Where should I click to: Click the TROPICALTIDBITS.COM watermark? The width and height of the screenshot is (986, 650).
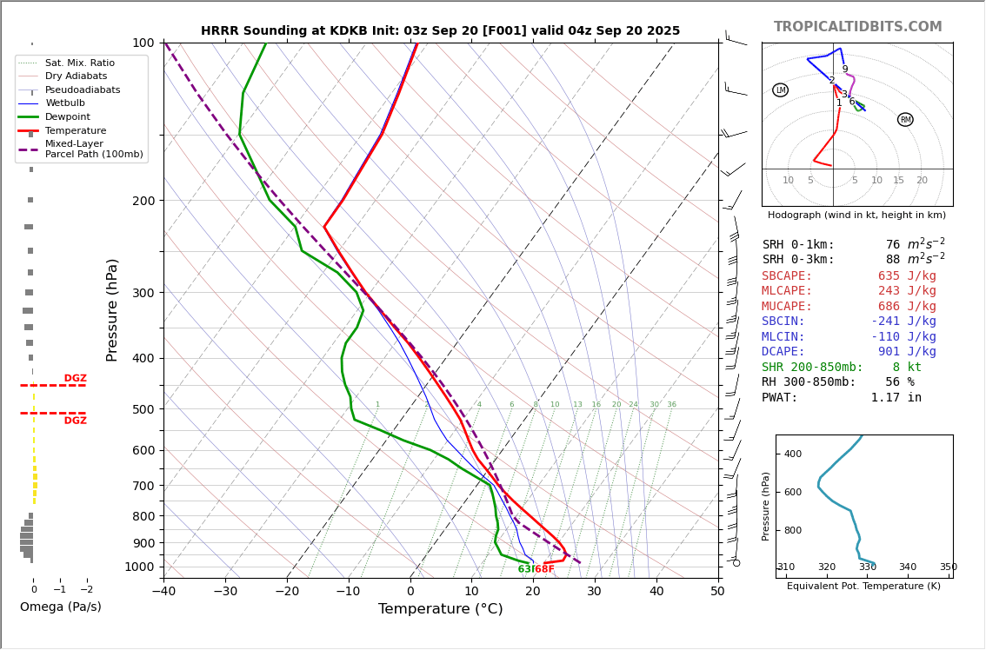pyautogui.click(x=857, y=27)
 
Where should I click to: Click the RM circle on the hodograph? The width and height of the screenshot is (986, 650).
pyautogui.click(x=905, y=120)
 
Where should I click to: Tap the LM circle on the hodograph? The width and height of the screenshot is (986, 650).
pyautogui.click(x=780, y=90)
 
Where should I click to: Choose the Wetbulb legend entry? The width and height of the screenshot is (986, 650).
pyautogui.click(x=66, y=103)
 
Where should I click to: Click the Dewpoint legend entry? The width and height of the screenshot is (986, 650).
pyautogui.click(x=68, y=117)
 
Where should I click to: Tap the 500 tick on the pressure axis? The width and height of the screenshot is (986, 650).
pyautogui.click(x=143, y=409)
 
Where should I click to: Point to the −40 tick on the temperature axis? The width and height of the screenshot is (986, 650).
pyautogui.click(x=163, y=593)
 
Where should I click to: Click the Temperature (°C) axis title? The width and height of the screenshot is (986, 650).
pyautogui.click(x=440, y=610)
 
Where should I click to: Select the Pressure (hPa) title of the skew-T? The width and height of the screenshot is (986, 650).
pyautogui.click(x=112, y=309)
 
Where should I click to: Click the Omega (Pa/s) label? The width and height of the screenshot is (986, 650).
pyautogui.click(x=60, y=607)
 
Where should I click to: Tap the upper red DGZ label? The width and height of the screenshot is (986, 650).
pyautogui.click(x=75, y=379)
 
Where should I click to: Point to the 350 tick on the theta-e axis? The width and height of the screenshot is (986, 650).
pyautogui.click(x=948, y=567)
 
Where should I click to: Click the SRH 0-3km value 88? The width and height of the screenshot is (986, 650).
pyautogui.click(x=893, y=260)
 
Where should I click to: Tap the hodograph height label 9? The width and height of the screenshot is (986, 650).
pyautogui.click(x=844, y=70)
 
